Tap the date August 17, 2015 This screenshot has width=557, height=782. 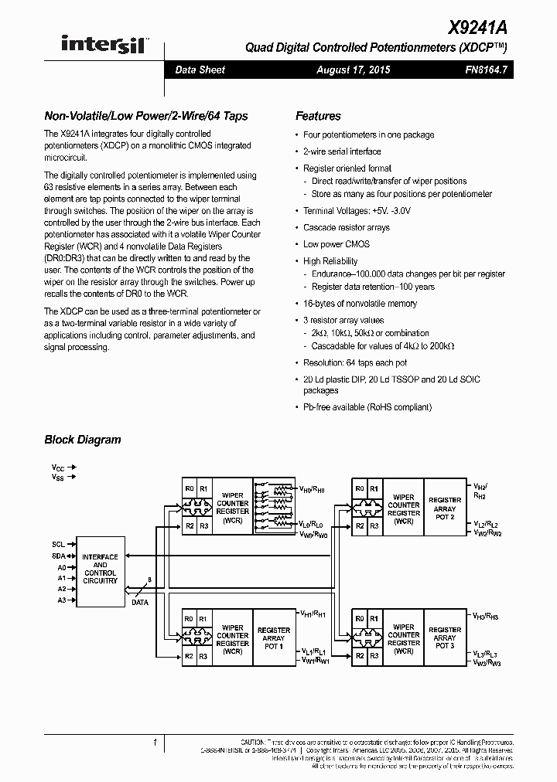click(x=353, y=70)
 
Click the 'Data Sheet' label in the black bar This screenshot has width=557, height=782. click(x=200, y=70)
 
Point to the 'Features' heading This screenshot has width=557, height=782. click(x=318, y=116)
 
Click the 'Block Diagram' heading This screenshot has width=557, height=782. click(x=83, y=440)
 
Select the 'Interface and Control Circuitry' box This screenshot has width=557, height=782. click(x=100, y=569)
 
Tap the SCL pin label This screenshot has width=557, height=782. click(x=58, y=544)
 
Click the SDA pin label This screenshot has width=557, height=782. click(x=58, y=556)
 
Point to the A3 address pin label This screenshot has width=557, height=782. click(x=60, y=599)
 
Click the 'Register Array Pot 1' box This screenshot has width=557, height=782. click(x=273, y=637)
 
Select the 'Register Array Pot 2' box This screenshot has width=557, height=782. click(x=445, y=508)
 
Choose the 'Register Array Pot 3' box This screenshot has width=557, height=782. click(x=445, y=637)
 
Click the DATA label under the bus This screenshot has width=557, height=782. click(x=139, y=602)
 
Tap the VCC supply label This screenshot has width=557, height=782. click(x=58, y=467)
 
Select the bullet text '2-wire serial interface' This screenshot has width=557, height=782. click(x=342, y=151)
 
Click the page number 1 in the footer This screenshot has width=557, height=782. click(x=155, y=743)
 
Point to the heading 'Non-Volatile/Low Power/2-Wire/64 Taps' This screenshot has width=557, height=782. click(x=146, y=116)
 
